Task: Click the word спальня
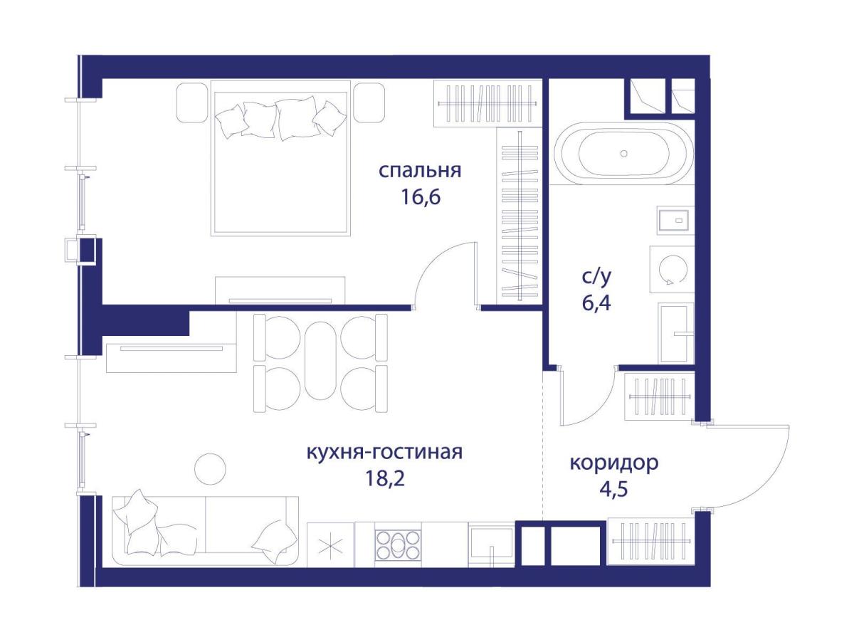tap(420, 172)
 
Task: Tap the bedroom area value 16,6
tap(421, 197)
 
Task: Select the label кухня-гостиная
tap(385, 452)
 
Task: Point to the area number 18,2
tap(385, 478)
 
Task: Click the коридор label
tap(614, 463)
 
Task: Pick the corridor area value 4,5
tap(613, 490)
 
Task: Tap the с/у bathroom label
tap(596, 277)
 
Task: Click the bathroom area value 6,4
tap(596, 303)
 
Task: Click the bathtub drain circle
tap(623, 153)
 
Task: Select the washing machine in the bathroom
tap(672, 269)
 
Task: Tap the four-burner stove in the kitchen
tap(398, 544)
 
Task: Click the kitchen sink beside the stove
tap(492, 544)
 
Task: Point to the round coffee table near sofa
tap(210, 469)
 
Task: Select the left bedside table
tap(193, 103)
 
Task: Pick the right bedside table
tap(369, 103)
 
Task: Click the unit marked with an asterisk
tap(330, 544)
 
